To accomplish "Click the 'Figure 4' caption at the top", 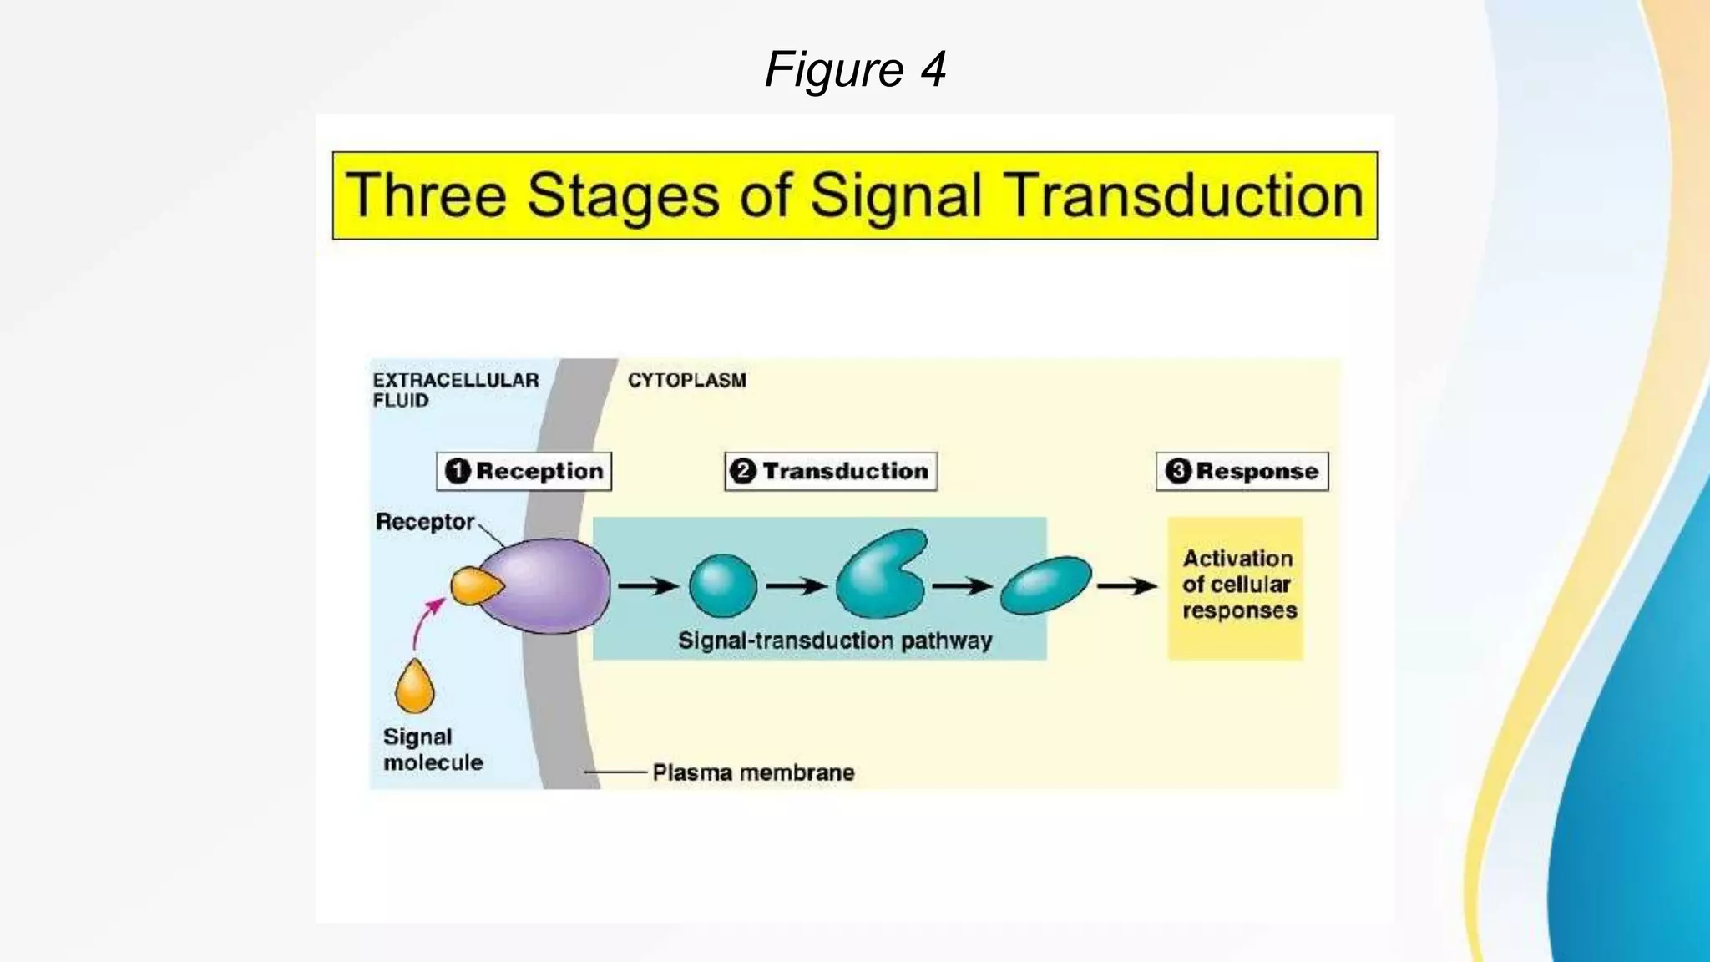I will coord(855,68).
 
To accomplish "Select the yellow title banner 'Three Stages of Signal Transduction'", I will coord(855,195).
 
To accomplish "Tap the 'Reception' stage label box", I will coord(524,471).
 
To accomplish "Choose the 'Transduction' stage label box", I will coord(831,471).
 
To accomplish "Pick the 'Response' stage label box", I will coord(1242,471).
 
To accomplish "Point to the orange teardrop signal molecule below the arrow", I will coord(415,687).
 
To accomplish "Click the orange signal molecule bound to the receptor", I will coord(474,585).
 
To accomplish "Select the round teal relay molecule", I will coord(723,586).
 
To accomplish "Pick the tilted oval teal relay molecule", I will coord(1045,585).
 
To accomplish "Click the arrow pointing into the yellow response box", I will coord(1126,586).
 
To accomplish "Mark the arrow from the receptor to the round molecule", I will coord(648,586).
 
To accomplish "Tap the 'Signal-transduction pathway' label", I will coord(835,640).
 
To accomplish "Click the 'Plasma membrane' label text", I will coord(753,772).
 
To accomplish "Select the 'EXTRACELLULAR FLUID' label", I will coord(455,390).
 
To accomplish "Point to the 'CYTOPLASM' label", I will coord(687,381).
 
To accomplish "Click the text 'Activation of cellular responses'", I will coord(1238,585).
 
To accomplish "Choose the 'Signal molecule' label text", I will coord(433,749).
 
